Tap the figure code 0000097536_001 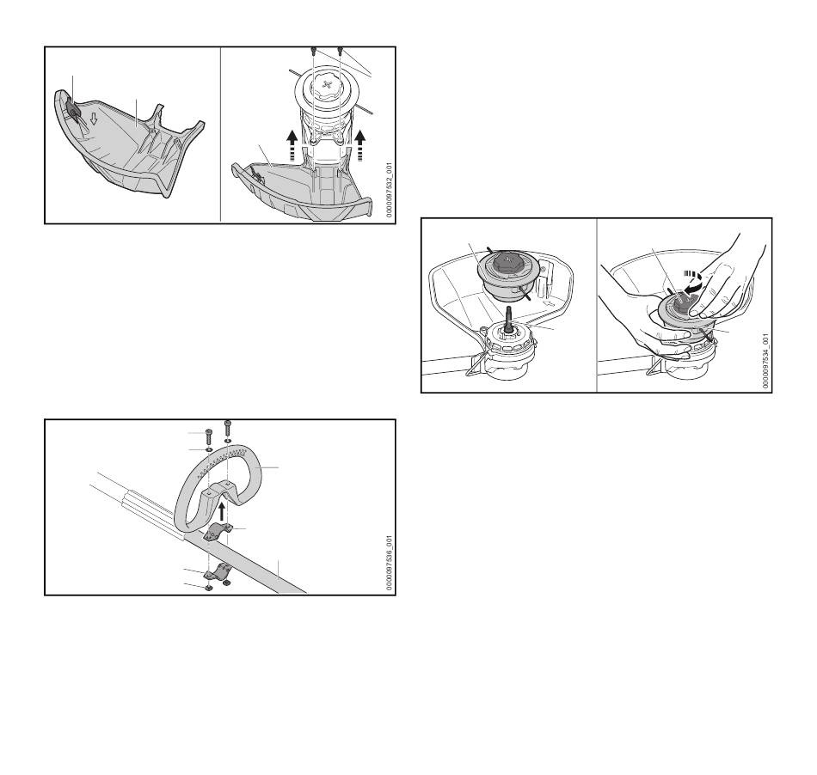(x=389, y=563)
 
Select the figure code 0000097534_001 (x=765, y=361)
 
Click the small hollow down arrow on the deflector (x=94, y=119)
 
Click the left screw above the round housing (x=314, y=51)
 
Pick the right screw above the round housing (x=341, y=51)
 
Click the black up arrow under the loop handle (x=223, y=511)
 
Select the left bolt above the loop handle (x=208, y=436)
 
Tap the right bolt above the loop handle (x=227, y=428)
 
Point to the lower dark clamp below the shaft (x=218, y=572)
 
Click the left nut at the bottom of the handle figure (x=208, y=589)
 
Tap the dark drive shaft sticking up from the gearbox (x=507, y=319)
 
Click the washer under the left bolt (x=208, y=449)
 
